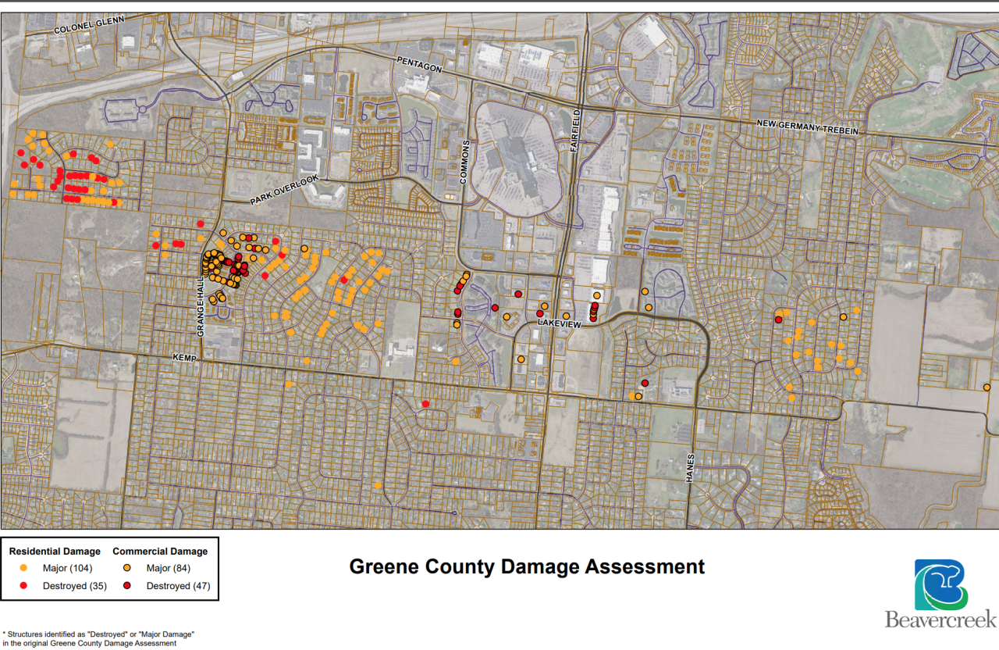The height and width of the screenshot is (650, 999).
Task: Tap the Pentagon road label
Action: pyautogui.click(x=420, y=64)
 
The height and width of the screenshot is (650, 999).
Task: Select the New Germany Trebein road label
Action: pyautogui.click(x=808, y=127)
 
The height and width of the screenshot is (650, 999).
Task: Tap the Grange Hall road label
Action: pyautogui.click(x=201, y=311)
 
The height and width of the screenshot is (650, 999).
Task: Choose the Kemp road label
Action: pyautogui.click(x=184, y=356)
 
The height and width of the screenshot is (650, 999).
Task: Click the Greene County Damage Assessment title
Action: pyautogui.click(x=527, y=566)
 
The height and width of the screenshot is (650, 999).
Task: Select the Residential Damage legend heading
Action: pyautogui.click(x=55, y=552)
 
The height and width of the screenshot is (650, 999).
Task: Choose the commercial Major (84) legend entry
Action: pyautogui.click(x=168, y=568)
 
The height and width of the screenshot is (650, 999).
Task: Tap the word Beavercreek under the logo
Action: pyautogui.click(x=940, y=620)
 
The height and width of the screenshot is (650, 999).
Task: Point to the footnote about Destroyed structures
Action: pyautogui.click(x=98, y=638)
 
